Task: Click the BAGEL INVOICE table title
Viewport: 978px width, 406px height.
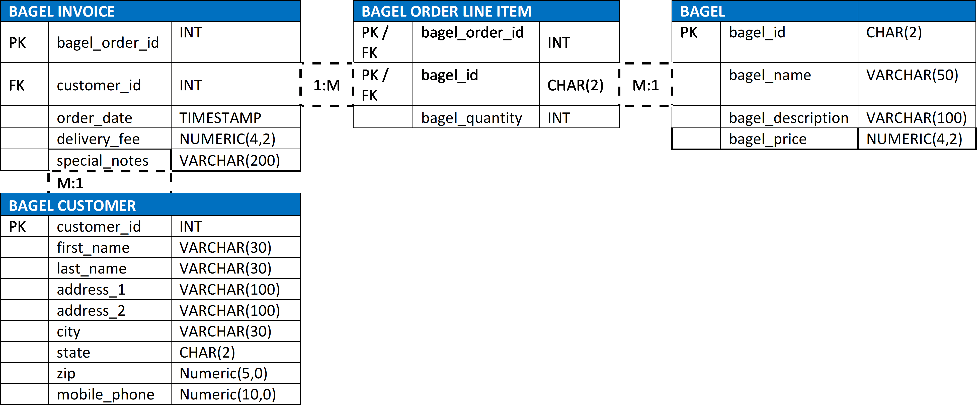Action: [61, 11]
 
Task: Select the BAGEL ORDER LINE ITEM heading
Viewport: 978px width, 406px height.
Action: [446, 11]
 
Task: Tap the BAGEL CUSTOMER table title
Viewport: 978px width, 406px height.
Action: [72, 206]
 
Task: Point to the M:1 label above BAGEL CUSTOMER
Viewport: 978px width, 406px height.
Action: [70, 183]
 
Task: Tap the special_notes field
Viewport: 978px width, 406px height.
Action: [103, 161]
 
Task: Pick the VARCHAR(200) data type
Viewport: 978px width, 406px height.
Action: [230, 161]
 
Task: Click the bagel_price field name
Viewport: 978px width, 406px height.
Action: [767, 139]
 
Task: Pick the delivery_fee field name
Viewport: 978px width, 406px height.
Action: [98, 139]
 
